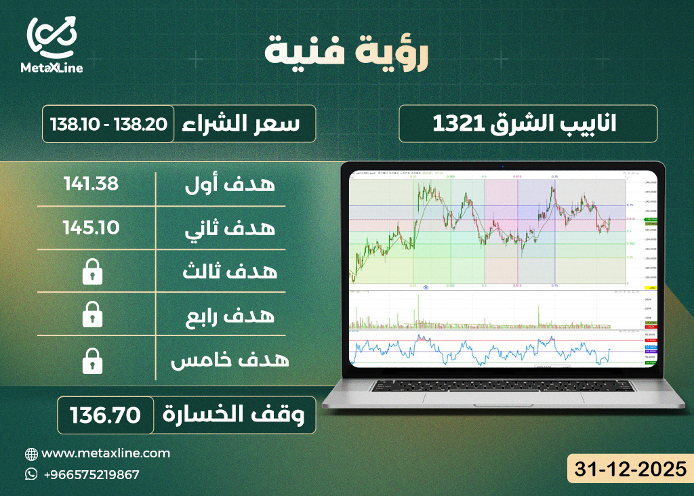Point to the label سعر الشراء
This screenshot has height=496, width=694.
coord(243,124)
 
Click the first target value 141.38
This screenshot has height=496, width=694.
coord(91,183)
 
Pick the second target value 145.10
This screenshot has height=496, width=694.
coord(91,226)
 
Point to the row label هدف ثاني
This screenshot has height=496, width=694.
coord(230,228)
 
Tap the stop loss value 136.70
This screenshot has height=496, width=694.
coord(104,415)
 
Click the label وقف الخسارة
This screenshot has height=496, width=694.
coord(237,415)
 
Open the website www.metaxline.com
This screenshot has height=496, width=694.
coord(106,453)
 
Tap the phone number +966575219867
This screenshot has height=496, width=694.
coord(91,474)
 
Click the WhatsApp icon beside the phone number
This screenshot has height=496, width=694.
coord(32,474)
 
